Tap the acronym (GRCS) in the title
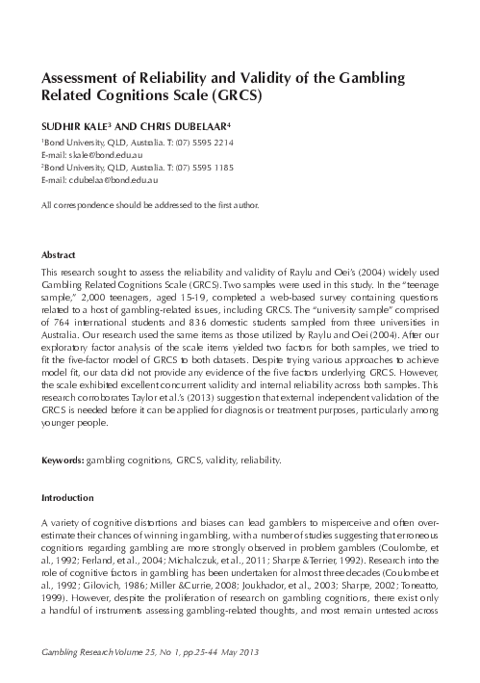click(x=235, y=96)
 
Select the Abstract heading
click(x=59, y=255)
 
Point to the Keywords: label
click(x=63, y=460)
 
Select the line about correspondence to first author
click(x=149, y=206)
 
